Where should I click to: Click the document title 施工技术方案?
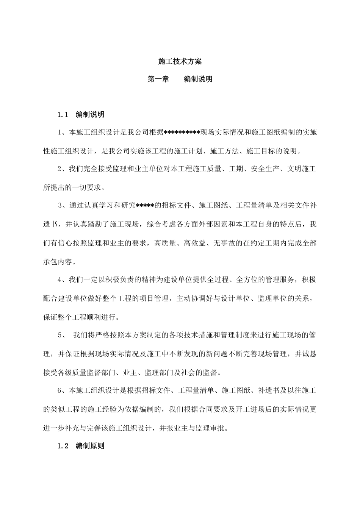point(180,61)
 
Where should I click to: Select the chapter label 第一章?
point(158,79)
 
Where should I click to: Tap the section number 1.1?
point(63,114)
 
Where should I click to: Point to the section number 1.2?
point(63,446)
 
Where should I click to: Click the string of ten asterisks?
point(182,133)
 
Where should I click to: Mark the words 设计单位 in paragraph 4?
point(235,298)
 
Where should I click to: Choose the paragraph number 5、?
point(61,335)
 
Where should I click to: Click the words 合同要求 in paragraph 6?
point(213,409)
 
